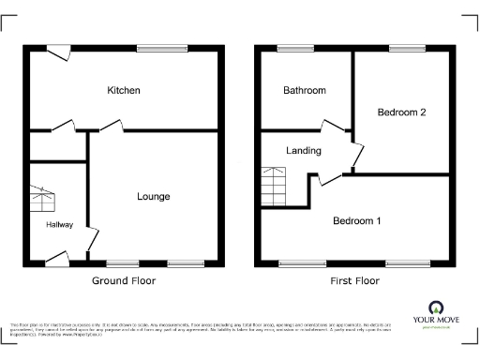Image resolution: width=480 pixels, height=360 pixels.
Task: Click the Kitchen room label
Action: coord(124,91)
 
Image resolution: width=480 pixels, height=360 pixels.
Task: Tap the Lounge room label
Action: coord(154,196)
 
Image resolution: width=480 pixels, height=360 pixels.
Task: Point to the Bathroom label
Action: coord(305,91)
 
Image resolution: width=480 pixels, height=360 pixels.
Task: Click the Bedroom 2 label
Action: coord(402,112)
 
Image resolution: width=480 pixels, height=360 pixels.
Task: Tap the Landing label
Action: coord(304,150)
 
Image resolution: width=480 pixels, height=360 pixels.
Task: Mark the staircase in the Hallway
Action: coord(43,200)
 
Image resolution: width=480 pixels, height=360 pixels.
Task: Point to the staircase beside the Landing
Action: coord(273,186)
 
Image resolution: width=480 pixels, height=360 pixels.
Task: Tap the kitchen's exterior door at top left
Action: coord(61,53)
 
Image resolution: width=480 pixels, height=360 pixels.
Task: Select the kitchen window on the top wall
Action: coord(155,49)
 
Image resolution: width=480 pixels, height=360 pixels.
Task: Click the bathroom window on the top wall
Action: coord(295,49)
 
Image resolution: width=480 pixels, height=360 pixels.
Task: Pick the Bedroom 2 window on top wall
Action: coord(407,49)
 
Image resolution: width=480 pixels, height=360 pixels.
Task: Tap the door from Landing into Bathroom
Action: coord(333,127)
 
